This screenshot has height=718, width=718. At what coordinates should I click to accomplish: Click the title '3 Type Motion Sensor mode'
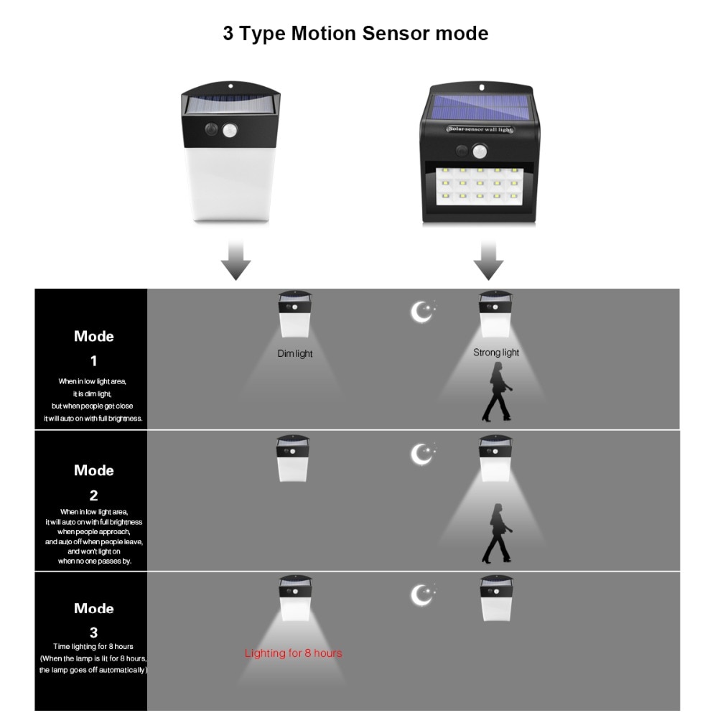(355, 34)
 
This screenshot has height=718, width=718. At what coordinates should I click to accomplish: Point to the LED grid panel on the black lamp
(478, 183)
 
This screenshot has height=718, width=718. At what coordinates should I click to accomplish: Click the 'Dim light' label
(295, 353)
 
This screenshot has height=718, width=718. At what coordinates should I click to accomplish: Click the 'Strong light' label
(496, 353)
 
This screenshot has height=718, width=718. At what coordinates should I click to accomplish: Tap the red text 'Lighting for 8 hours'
(293, 653)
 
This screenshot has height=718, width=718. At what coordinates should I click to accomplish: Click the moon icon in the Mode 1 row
(421, 311)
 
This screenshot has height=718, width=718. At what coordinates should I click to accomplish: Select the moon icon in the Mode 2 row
(421, 453)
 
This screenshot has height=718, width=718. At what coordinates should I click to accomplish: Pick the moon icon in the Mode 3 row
(421, 594)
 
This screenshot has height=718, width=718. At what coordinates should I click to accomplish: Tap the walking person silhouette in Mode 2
(495, 533)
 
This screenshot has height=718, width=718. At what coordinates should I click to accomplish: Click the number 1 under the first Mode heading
(93, 361)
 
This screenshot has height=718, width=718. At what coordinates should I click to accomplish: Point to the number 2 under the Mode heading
(93, 495)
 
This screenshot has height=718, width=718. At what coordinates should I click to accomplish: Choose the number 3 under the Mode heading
(93, 633)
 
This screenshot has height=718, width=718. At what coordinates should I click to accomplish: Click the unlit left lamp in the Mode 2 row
(294, 460)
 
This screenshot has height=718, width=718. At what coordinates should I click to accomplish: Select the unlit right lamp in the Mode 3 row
(497, 600)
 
